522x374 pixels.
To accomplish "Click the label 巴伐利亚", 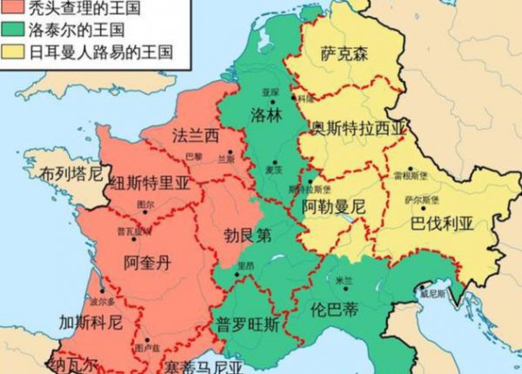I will coord(443,224).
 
